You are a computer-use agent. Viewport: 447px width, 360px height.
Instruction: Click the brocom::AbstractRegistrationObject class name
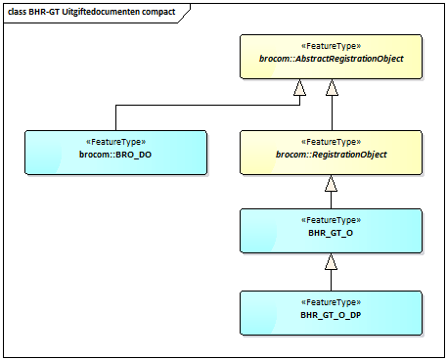pyautogui.click(x=332, y=60)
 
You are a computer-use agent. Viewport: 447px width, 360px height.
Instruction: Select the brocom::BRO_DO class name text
pyautogui.click(x=115, y=155)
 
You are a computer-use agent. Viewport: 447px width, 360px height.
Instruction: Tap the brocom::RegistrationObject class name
pyautogui.click(x=331, y=155)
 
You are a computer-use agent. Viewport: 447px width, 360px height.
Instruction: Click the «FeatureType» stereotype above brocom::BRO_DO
pyautogui.click(x=115, y=142)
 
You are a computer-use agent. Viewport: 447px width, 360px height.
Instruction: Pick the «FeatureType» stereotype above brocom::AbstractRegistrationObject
pyautogui.click(x=332, y=45)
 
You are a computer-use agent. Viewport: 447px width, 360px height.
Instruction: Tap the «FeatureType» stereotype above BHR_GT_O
pyautogui.click(x=331, y=221)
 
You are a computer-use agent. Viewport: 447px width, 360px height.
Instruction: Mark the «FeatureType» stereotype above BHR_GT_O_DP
pyautogui.click(x=331, y=303)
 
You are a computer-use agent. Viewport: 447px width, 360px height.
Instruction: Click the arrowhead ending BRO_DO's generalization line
pyautogui.click(x=300, y=89)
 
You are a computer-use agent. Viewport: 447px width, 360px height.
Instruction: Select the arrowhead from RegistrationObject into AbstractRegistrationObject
pyautogui.click(x=332, y=89)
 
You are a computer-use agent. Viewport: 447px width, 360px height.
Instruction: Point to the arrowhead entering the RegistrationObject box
pyautogui.click(x=332, y=184)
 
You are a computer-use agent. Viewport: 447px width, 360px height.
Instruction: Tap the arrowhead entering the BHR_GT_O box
pyautogui.click(x=332, y=262)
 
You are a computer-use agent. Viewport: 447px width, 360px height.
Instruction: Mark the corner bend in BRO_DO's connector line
pyautogui.click(x=115, y=104)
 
